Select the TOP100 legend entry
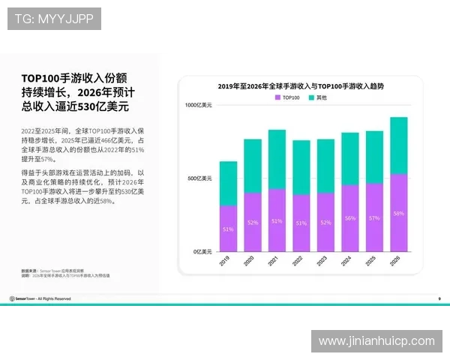tap(289, 98)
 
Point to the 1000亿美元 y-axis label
tap(199, 105)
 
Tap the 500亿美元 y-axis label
tap(199, 178)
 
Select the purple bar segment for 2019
tap(228, 228)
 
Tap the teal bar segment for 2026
tap(399, 145)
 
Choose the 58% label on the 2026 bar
tap(399, 214)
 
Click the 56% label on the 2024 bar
tap(350, 218)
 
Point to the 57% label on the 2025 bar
tap(374, 217)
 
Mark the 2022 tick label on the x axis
tap(300, 262)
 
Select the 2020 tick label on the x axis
tap(251, 262)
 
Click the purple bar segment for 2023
tap(325, 222)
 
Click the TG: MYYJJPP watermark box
tap(54, 18)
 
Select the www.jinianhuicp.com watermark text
tap(376, 341)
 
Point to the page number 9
tap(439, 298)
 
